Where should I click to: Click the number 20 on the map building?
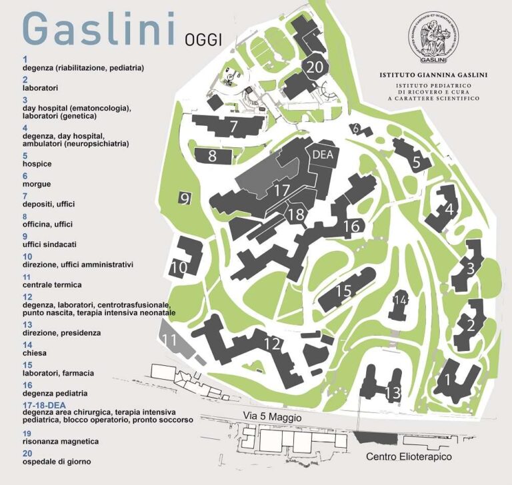[315, 67]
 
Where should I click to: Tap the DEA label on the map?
[322, 155]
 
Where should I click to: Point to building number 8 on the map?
[213, 157]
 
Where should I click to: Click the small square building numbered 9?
[185, 198]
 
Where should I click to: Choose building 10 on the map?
[178, 267]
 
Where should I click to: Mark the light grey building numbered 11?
[171, 340]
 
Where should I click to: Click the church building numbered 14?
[399, 300]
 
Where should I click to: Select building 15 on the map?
[343, 291]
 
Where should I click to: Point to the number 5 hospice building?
[416, 161]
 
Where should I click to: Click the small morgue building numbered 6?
[357, 129]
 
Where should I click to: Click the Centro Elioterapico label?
[409, 457]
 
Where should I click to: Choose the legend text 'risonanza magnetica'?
[61, 441]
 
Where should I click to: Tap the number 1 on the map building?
[449, 380]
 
